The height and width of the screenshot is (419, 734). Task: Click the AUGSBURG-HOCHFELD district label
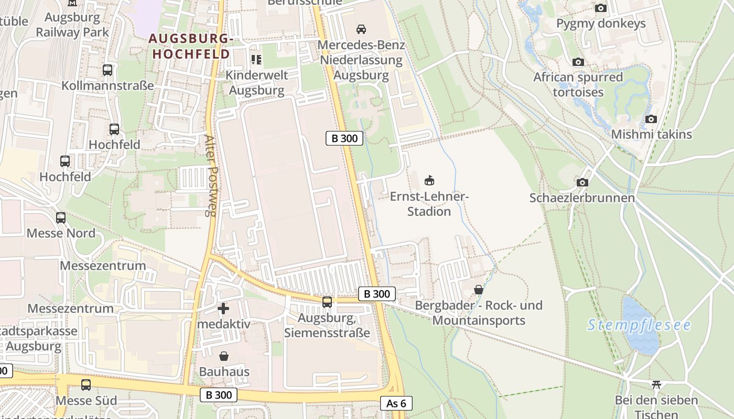coord(190,46)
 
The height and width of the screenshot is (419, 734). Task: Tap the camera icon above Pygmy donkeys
coord(601,8)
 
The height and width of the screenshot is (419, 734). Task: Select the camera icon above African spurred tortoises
coord(578,62)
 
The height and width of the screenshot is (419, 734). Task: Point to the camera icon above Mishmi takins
coord(651,119)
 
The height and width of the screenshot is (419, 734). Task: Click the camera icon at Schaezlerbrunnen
coord(582,183)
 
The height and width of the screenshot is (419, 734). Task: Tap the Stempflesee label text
coord(639,325)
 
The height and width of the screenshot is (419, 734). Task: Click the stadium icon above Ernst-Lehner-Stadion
coord(429,181)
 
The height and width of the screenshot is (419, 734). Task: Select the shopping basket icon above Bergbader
coord(478,289)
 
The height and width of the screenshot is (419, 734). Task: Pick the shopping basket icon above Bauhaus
coord(224,356)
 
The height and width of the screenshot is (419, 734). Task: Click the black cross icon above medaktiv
coord(223,308)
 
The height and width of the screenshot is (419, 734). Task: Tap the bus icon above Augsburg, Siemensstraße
coord(327,302)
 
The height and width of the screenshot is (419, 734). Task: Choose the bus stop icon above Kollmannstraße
coord(107,70)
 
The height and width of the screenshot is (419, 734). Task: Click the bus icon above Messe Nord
coord(61,217)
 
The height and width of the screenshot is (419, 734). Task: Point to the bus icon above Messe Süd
coord(86,385)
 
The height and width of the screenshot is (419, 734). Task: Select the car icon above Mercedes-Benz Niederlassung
coord(361,29)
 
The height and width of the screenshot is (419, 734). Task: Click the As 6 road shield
coord(396,403)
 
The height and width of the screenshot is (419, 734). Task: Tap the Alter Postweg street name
coord(210,175)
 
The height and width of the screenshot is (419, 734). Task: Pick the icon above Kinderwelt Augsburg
coord(256,60)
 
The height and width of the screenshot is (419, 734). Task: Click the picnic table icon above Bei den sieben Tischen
coord(656,385)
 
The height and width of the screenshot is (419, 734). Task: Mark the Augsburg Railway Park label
coord(72,25)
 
